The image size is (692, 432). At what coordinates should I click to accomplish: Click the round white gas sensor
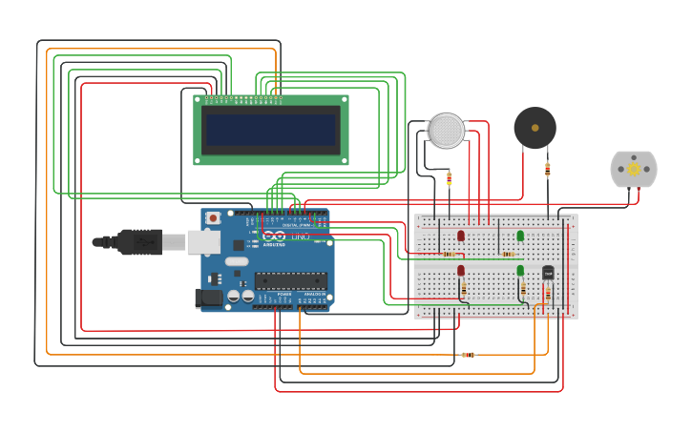446,131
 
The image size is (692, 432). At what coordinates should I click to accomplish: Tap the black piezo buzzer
535,128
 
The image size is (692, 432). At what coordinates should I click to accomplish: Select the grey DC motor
634,169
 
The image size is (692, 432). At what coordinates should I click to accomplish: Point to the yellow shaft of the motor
634,169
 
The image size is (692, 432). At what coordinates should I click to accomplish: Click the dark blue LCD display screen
271,130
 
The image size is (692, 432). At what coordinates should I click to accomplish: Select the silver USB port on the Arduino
203,242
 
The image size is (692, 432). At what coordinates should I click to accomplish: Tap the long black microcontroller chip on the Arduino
290,280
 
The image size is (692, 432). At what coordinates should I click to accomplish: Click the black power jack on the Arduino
209,298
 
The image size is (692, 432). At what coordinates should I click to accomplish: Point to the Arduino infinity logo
274,236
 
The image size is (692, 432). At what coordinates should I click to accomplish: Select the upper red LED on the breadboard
461,236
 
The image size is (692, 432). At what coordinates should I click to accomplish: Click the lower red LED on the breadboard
461,271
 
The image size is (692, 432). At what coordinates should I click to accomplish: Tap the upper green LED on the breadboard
520,236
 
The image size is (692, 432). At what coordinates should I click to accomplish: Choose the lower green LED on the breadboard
520,271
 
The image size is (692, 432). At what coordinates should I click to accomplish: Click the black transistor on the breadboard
548,273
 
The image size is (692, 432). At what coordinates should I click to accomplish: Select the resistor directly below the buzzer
547,170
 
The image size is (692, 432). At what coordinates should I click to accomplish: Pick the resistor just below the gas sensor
449,178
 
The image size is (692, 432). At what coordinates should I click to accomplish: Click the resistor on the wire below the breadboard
468,355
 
